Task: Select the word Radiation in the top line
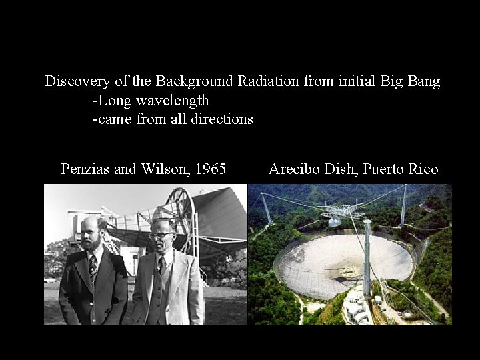click(268, 82)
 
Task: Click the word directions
click(215, 119)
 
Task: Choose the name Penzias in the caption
click(85, 169)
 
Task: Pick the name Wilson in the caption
click(160, 169)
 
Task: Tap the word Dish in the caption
click(341, 169)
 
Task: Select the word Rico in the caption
click(423, 169)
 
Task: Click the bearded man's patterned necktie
click(93, 265)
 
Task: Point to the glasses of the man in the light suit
click(159, 236)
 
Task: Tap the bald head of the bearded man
click(90, 222)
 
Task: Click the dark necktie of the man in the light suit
click(162, 265)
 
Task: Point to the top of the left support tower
click(264, 195)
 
